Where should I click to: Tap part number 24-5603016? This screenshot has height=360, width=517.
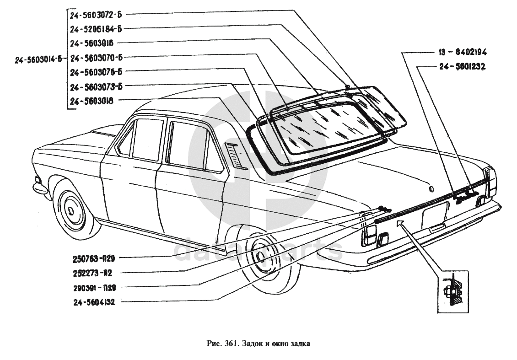click(92, 43)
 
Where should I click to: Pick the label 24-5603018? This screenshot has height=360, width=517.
click(92, 100)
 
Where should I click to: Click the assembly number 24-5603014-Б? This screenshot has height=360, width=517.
click(38, 58)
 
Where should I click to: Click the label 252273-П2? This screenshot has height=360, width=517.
click(92, 273)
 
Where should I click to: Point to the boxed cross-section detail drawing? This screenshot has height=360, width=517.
click(452, 292)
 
